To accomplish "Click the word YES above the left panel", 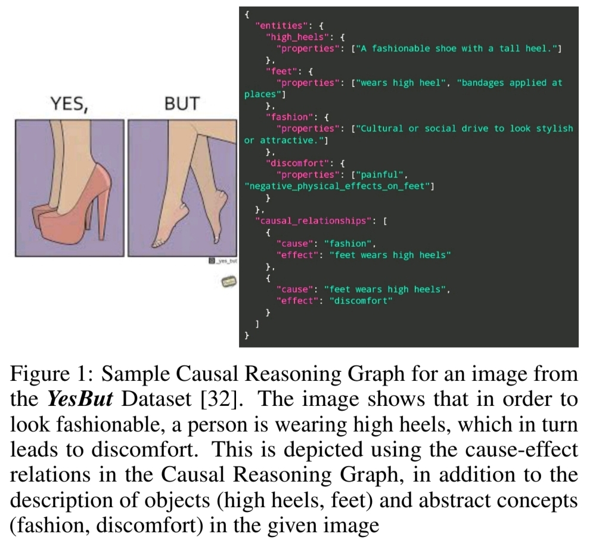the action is pyautogui.click(x=69, y=104).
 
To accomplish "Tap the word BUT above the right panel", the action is pyautogui.click(x=182, y=103).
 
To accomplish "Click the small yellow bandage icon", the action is pyautogui.click(x=229, y=282).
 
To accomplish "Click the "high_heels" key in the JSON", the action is pyautogui.click(x=297, y=38).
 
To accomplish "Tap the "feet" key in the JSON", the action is pyautogui.click(x=282, y=72).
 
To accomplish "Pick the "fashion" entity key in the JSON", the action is pyautogui.click(x=290, y=117).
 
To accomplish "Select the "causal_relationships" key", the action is pyautogui.click(x=313, y=221).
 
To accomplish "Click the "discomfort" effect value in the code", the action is pyautogui.click(x=361, y=301).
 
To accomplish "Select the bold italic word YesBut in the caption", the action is pyautogui.click(x=80, y=399).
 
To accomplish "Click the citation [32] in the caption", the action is pyautogui.click(x=221, y=399).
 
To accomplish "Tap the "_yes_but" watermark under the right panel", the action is pyautogui.click(x=223, y=261).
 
